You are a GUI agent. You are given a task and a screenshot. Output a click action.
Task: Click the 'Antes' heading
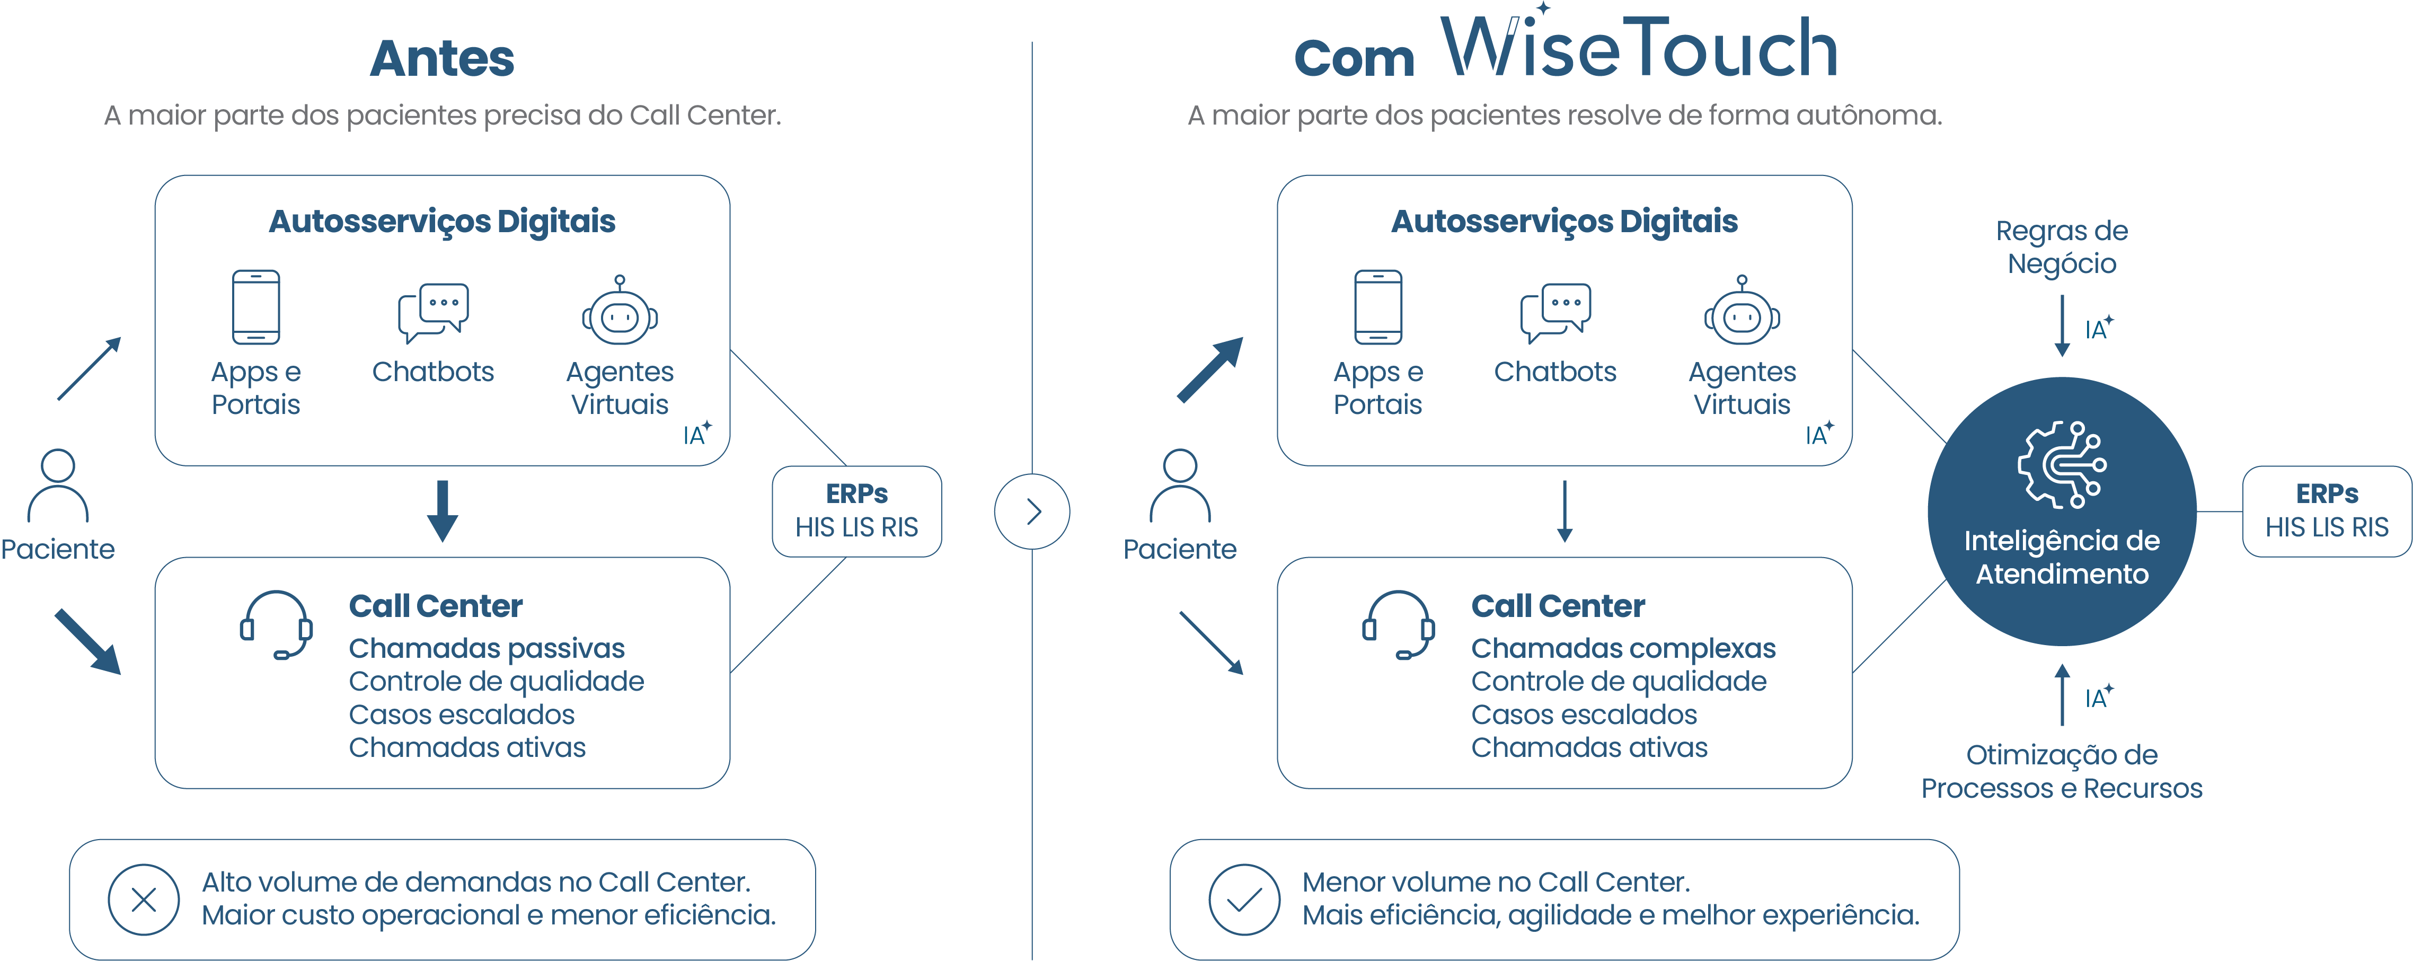click(x=442, y=58)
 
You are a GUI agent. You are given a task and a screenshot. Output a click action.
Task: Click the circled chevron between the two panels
click(x=1032, y=512)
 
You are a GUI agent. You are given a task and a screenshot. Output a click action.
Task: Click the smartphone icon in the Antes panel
click(x=256, y=307)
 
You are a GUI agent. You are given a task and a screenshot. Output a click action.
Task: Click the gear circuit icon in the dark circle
click(x=2062, y=464)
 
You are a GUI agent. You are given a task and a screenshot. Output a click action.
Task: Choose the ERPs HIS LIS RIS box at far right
click(x=2327, y=512)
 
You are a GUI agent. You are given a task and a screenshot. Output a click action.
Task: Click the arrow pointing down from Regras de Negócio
click(x=2062, y=326)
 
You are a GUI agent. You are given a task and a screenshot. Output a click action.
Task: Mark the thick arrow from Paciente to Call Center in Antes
click(x=88, y=641)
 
